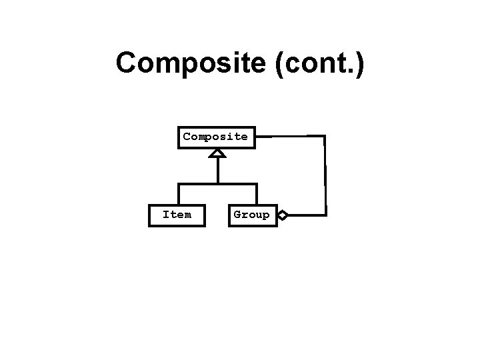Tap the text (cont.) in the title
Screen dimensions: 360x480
coord(324,64)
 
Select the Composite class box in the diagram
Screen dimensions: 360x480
coord(215,137)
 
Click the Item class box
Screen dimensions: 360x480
coord(177,215)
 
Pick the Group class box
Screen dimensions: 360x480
coord(252,215)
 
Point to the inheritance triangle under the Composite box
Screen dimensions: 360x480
coord(217,153)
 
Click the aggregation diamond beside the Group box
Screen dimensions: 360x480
coord(283,215)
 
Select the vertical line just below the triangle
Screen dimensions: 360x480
coord(217,170)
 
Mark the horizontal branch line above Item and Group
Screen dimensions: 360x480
coord(200,183)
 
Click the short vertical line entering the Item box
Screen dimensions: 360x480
coord(179,193)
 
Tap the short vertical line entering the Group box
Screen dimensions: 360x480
coord(256,193)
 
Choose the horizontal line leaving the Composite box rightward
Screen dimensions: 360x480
coord(287,137)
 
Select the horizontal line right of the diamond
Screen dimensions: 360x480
coord(307,215)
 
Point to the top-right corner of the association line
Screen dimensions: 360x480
coord(325,137)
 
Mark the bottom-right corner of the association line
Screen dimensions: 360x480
coord(325,215)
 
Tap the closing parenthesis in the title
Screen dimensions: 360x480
coord(359,65)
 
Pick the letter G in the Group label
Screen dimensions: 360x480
coord(237,215)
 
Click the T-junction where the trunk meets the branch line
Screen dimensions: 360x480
coord(217,183)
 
